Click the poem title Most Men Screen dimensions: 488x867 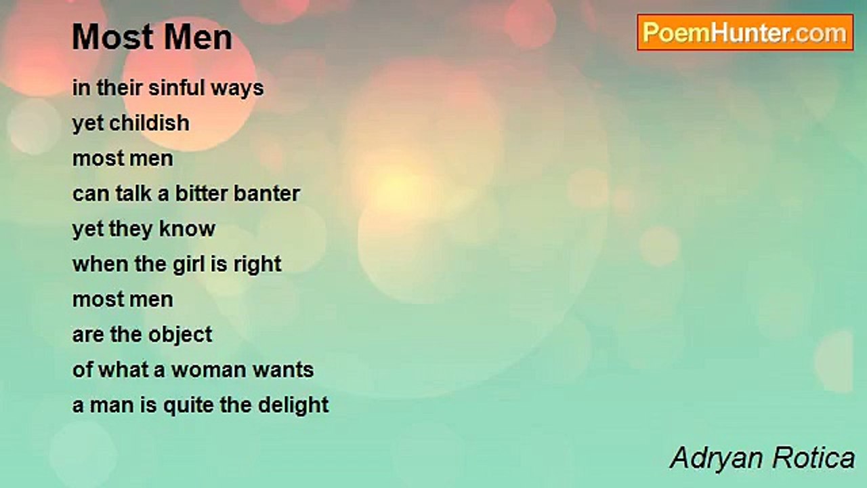152,37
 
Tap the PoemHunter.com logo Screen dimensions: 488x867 745,33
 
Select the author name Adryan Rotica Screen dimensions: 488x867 762,458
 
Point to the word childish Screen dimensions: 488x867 150,123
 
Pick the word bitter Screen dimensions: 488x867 201,194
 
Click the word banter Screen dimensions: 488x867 266,194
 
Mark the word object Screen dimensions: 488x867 179,335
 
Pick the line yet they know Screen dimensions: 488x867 144,229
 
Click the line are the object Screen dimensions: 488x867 142,335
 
